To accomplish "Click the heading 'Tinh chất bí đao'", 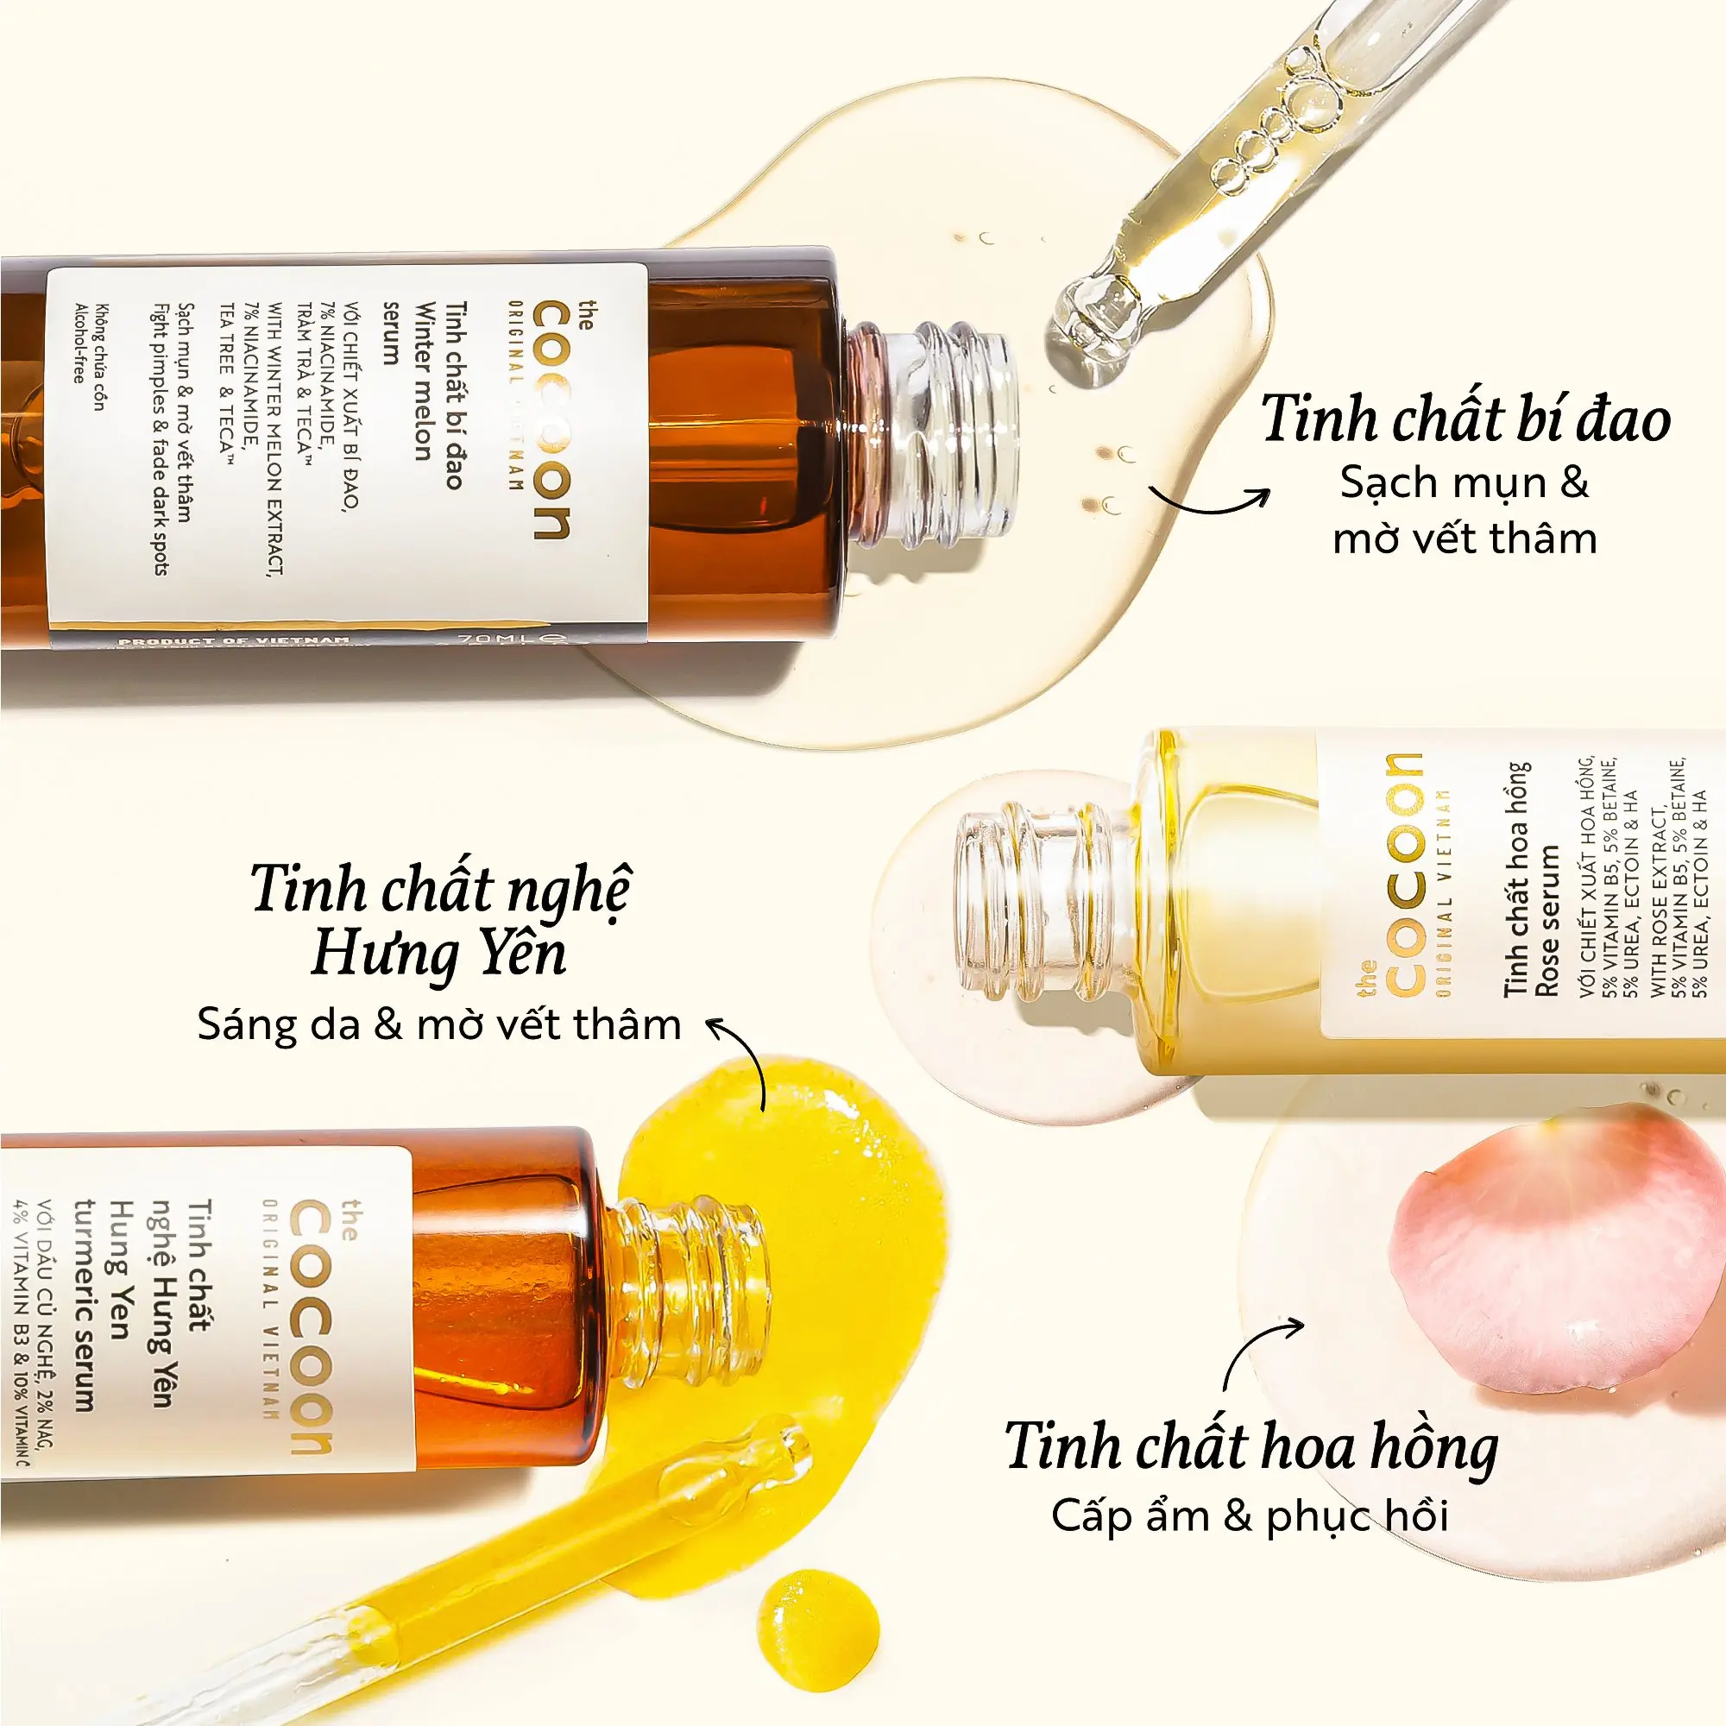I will [x=1465, y=420].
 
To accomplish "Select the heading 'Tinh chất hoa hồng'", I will [x=1251, y=1447].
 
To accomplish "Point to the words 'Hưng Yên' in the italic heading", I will [x=438, y=954].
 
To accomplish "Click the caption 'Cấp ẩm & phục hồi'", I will [x=1249, y=1517].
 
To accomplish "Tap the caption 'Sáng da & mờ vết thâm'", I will [x=438, y=1024].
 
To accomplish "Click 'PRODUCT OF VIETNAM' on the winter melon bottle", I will [x=234, y=640].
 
